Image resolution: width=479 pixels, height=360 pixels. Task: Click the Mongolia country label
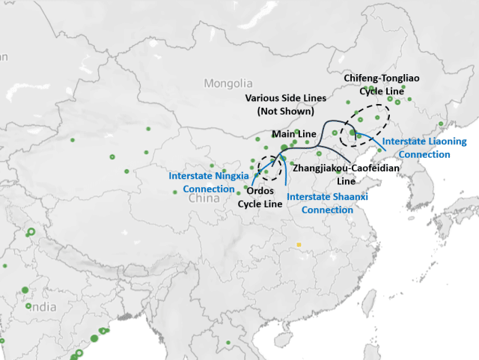(228, 84)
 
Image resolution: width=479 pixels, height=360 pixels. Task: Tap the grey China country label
(204, 198)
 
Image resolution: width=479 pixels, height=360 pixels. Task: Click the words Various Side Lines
(285, 98)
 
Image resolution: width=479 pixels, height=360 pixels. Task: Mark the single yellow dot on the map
(298, 244)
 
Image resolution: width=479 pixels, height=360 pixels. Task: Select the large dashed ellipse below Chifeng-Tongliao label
(364, 124)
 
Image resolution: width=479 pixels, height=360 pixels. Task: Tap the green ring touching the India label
(28, 305)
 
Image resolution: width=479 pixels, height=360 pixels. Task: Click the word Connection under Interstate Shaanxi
(327, 210)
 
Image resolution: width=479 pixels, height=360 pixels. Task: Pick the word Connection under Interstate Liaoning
(425, 154)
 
